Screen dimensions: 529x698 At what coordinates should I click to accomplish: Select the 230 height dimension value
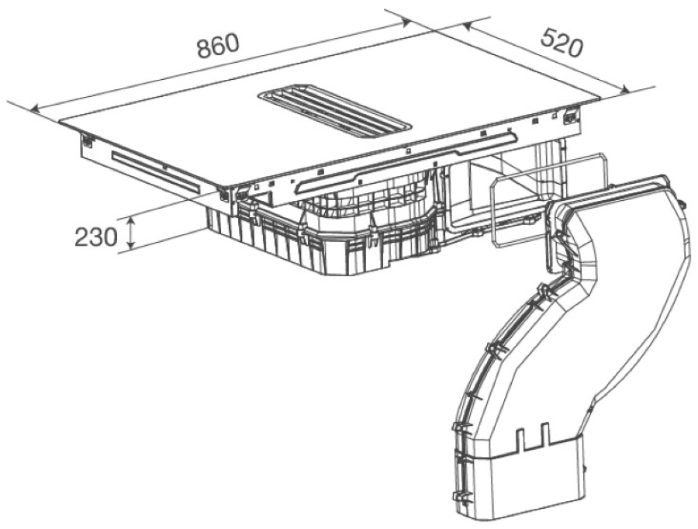(x=95, y=236)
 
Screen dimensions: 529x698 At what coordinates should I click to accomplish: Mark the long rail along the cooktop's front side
(x=403, y=159)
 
